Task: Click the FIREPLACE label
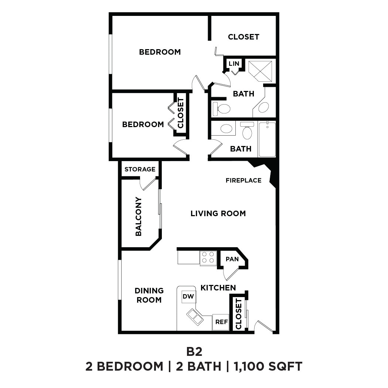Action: point(244,180)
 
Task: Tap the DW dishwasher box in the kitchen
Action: point(188,296)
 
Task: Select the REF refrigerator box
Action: point(221,322)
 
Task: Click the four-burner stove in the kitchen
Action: point(208,258)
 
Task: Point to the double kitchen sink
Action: point(195,317)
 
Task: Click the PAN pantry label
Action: point(232,259)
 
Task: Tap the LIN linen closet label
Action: point(234,64)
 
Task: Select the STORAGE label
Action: point(140,169)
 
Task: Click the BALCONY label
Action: point(138,216)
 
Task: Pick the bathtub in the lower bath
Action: point(267,139)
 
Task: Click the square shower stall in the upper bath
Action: point(260,71)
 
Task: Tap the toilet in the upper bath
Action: point(222,109)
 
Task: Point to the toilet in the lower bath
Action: point(247,132)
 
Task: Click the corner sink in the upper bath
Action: point(263,108)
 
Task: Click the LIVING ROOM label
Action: point(218,213)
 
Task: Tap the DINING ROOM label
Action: point(149,295)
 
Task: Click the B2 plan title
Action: point(194,351)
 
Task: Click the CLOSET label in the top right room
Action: point(244,37)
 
